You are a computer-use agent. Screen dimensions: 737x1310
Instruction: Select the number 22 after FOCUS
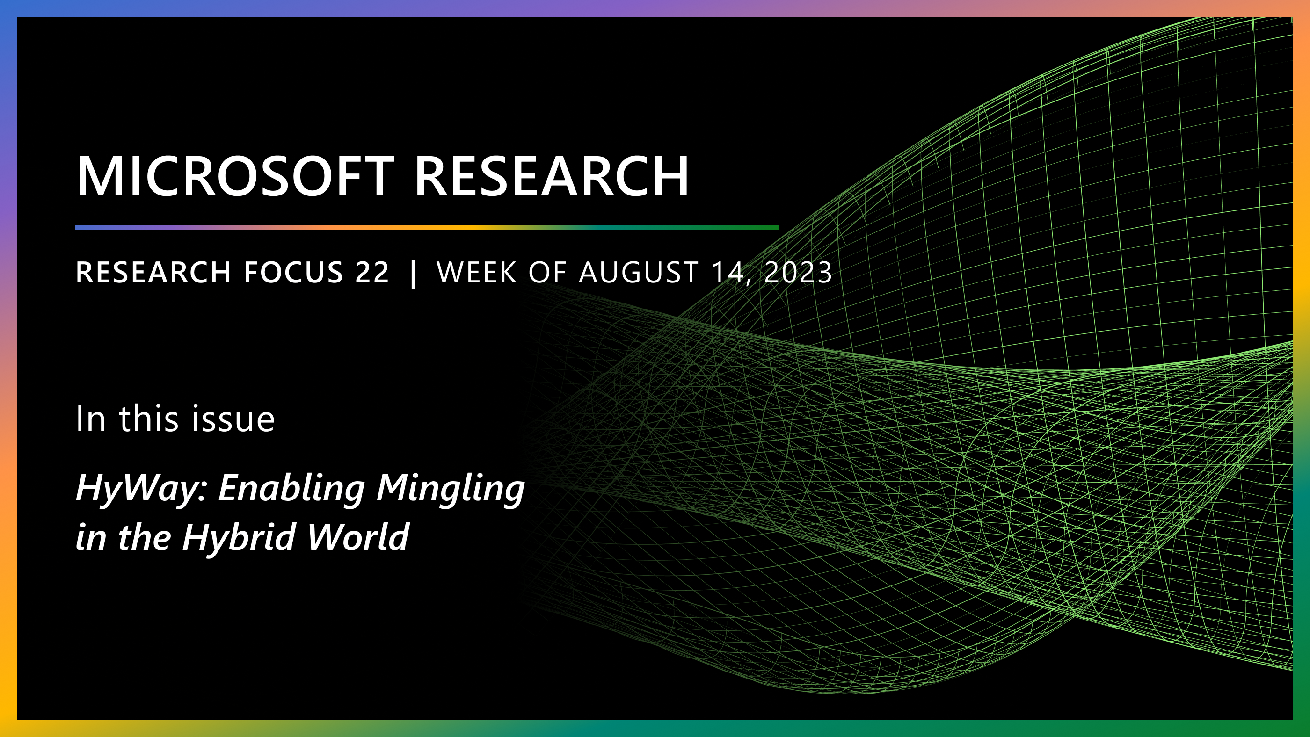pos(372,273)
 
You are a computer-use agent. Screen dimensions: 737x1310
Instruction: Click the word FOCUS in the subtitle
pos(293,273)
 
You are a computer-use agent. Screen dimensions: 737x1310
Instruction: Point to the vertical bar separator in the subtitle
pos(413,274)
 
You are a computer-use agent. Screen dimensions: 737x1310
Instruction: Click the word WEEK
pos(476,273)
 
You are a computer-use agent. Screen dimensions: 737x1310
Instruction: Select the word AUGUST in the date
pos(638,273)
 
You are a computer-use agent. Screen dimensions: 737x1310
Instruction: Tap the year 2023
pos(798,273)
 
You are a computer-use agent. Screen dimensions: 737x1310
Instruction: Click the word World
pos(357,538)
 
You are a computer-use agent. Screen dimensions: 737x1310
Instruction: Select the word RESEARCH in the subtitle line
pos(153,273)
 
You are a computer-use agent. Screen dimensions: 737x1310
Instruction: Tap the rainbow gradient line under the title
pos(426,228)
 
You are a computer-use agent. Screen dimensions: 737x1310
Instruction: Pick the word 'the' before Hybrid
pos(145,538)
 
